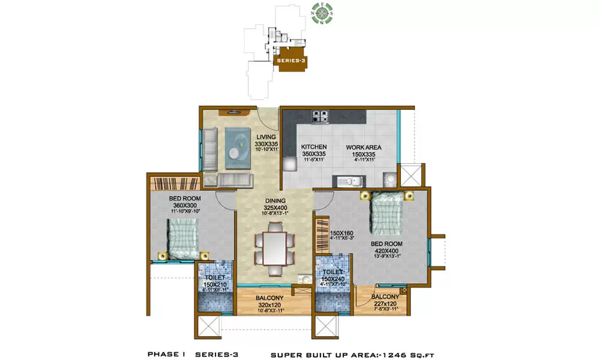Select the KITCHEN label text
(x=314, y=147)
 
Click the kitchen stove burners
(x=320, y=116)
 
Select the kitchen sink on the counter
(x=348, y=179)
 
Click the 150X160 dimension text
(x=341, y=233)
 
